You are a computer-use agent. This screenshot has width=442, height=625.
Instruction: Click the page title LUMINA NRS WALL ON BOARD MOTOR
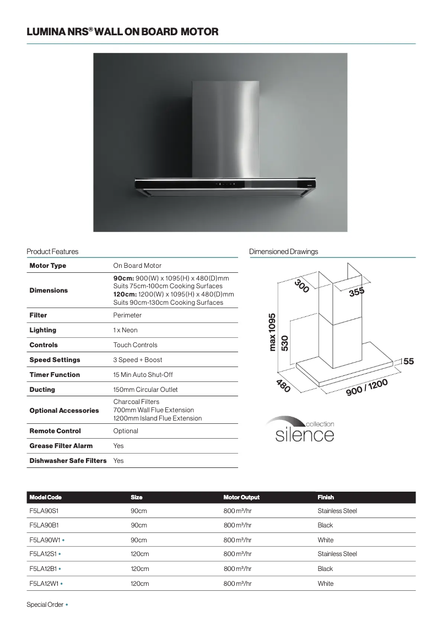click(122, 33)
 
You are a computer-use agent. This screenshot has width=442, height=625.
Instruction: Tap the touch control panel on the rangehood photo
click(225, 184)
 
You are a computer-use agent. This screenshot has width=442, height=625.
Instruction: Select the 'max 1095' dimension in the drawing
click(272, 332)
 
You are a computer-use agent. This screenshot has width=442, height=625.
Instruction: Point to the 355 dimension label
click(357, 292)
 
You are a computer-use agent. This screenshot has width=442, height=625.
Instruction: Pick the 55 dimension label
click(408, 362)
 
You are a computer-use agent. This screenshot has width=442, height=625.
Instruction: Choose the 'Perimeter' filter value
click(127, 315)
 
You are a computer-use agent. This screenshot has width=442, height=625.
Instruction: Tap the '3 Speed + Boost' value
click(138, 360)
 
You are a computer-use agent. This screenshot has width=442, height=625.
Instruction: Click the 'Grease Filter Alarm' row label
click(61, 446)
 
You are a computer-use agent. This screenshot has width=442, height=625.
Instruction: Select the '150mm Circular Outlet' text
click(145, 390)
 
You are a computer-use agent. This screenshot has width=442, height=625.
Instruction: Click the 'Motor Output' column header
click(241, 497)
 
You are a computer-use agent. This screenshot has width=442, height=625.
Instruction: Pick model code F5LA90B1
click(44, 525)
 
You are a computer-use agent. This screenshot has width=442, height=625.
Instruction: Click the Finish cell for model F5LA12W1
click(325, 584)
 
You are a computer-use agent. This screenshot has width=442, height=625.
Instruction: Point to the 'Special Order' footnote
click(45, 605)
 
